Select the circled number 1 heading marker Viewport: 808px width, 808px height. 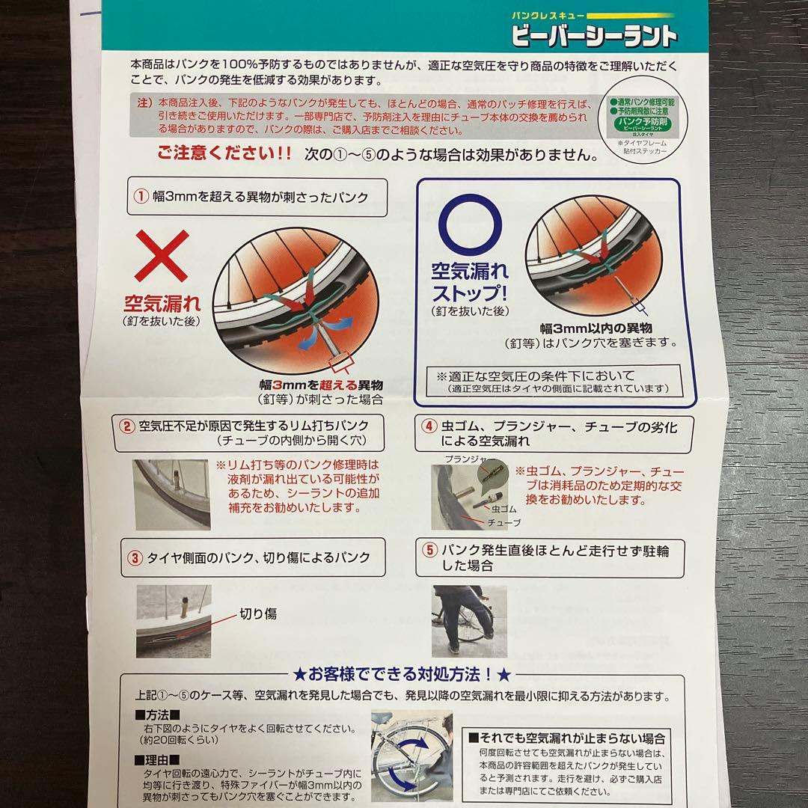(x=140, y=198)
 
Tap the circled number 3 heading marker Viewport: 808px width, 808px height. (x=135, y=557)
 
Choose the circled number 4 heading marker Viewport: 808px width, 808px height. (x=429, y=426)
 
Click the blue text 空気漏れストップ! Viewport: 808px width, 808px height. (x=468, y=281)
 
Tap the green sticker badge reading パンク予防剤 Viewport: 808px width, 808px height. (x=642, y=123)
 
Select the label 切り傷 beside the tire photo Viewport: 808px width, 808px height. (x=257, y=613)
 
